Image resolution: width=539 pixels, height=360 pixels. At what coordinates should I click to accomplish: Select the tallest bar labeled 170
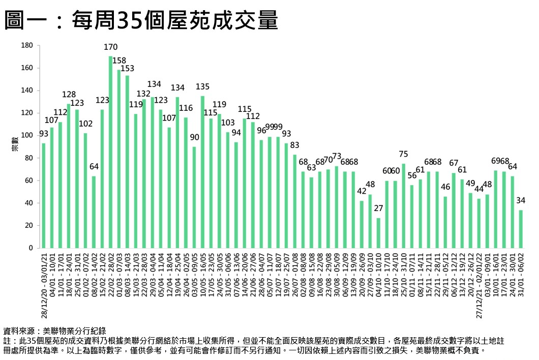(x=110, y=153)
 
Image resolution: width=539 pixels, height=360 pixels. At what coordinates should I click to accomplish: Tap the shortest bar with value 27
(x=378, y=233)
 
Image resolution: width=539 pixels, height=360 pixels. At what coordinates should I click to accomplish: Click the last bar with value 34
(x=520, y=229)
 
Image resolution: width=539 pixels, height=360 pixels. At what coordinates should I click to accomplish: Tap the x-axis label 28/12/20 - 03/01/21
(x=44, y=285)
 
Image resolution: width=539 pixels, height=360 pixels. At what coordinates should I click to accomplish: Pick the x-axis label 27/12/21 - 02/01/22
(x=478, y=285)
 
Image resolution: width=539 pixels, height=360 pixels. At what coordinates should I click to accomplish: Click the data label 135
(x=202, y=86)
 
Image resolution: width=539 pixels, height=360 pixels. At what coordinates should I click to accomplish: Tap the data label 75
(x=403, y=154)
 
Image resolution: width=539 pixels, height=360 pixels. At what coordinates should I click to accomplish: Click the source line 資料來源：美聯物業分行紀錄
(x=55, y=330)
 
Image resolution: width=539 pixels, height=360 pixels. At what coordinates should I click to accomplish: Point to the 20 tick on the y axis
(x=28, y=225)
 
